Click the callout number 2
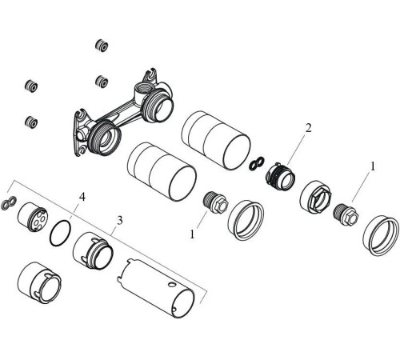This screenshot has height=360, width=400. point(308,128)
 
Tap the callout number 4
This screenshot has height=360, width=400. point(82,197)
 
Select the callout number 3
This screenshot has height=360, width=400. point(120,221)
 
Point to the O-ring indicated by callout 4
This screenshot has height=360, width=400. point(61,233)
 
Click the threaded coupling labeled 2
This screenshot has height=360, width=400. point(281,176)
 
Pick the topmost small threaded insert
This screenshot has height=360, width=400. point(102,46)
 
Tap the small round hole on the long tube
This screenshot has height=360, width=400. point(172,284)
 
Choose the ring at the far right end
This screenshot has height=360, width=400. point(382,234)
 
